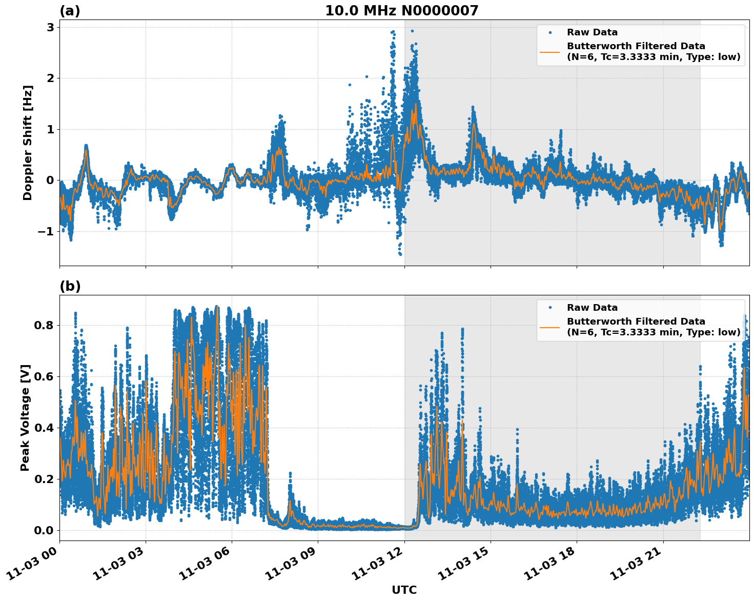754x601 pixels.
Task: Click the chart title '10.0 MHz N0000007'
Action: coord(401,11)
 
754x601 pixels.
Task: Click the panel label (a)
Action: coord(70,11)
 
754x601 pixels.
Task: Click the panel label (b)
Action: coord(70,286)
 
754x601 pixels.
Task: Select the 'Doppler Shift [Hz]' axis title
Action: coord(28,143)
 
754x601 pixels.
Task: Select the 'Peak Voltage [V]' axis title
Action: coord(25,417)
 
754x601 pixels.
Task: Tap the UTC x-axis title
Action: coord(404,590)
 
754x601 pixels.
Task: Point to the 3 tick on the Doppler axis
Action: coord(50,27)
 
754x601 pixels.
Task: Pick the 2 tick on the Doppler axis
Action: coord(50,78)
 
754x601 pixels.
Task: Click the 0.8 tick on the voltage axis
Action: coord(44,325)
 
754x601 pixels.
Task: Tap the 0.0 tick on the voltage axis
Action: coord(44,530)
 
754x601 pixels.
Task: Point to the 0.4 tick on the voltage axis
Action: coord(44,428)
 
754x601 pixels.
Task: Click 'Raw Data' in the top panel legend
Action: coord(592,32)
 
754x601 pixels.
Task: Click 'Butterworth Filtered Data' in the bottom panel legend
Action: coord(636,322)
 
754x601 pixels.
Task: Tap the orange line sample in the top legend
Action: coord(550,51)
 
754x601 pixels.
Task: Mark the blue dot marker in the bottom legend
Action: coord(550,308)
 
